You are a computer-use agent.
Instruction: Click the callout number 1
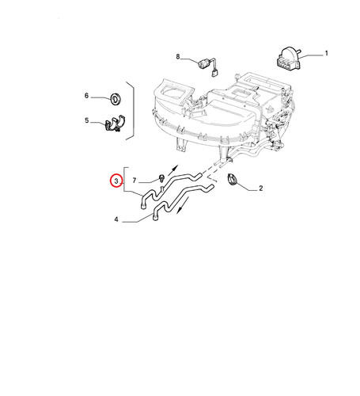pos(326,53)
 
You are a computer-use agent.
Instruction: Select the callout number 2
pos(260,188)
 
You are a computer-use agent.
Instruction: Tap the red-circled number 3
pos(116,181)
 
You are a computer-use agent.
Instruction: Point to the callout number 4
pos(116,219)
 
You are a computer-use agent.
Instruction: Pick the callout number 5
pos(87,120)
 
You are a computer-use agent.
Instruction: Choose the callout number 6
pos(86,96)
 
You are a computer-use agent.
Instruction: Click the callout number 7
pos(135,181)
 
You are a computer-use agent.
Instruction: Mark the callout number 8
pos(178,56)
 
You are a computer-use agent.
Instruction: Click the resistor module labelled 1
pos(289,59)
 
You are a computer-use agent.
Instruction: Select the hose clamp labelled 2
pos(232,180)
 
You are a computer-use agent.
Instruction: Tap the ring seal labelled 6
pos(116,99)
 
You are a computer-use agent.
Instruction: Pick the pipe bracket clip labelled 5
pos(115,124)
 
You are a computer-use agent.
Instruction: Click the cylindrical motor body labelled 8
pos(203,64)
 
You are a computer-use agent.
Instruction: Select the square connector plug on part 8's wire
pos(214,72)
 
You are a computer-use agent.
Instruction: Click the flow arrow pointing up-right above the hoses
pos(173,169)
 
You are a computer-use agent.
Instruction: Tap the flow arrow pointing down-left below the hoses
pos(183,205)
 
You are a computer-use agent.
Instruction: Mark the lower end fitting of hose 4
pos(155,218)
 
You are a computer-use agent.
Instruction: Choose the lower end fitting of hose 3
pos(143,206)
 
